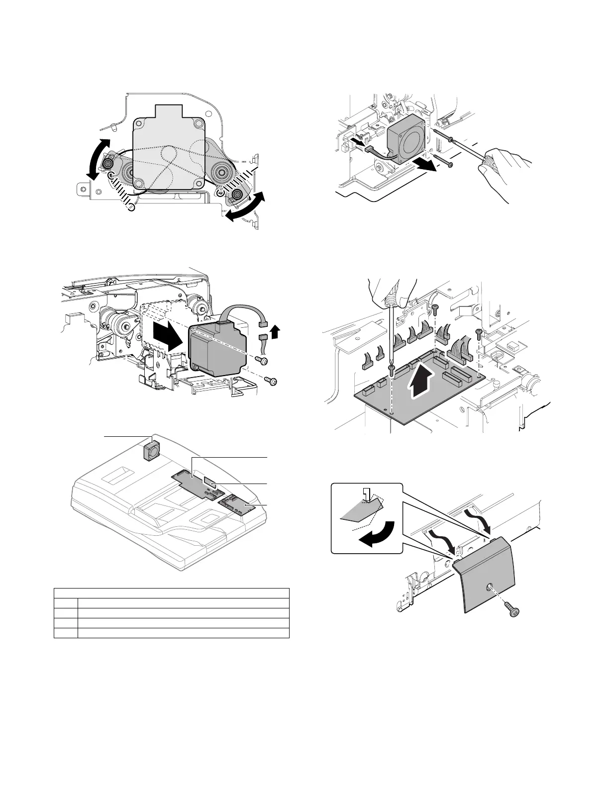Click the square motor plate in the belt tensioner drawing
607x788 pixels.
[169, 149]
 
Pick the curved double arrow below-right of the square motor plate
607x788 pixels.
[244, 208]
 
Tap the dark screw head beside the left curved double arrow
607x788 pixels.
[109, 162]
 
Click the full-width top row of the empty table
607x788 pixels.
[172, 592]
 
